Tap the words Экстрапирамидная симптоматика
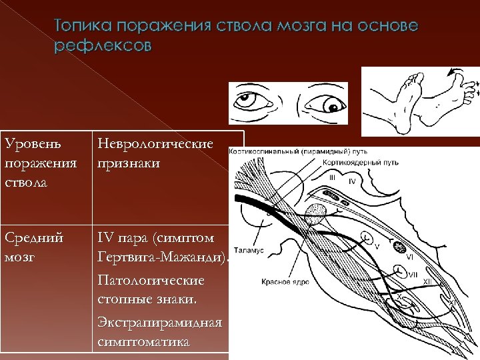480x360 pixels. pyautogui.click(x=160, y=332)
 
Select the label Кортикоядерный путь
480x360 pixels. pyautogui.click(x=351, y=162)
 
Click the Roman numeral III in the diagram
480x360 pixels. pyautogui.click(x=332, y=178)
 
